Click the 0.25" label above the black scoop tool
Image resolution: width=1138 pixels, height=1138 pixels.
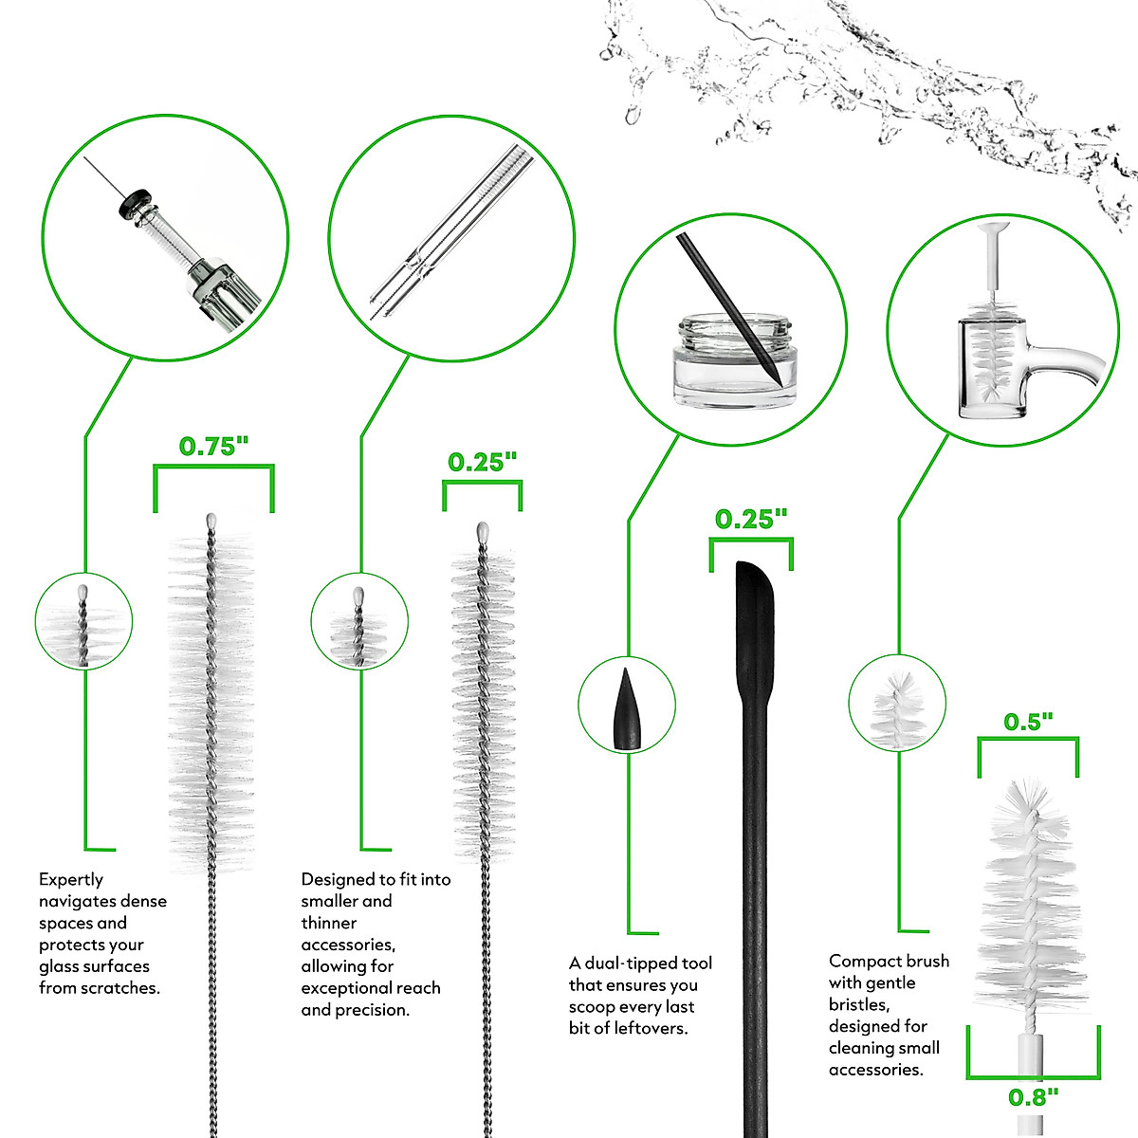[x=751, y=519]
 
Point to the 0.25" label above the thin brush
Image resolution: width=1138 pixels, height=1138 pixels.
[x=482, y=462]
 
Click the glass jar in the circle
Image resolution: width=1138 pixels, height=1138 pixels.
[x=734, y=362]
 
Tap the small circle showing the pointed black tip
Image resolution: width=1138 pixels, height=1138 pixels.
[x=627, y=705]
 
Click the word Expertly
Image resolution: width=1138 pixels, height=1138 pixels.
[x=71, y=880]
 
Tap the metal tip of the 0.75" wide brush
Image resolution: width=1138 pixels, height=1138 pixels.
[x=211, y=523]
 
